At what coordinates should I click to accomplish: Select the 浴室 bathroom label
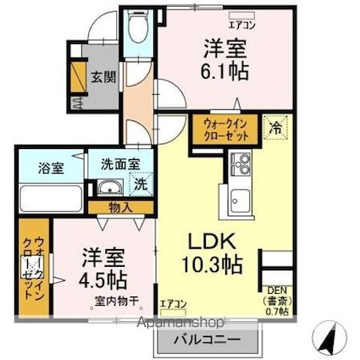click(x=35, y=168)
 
